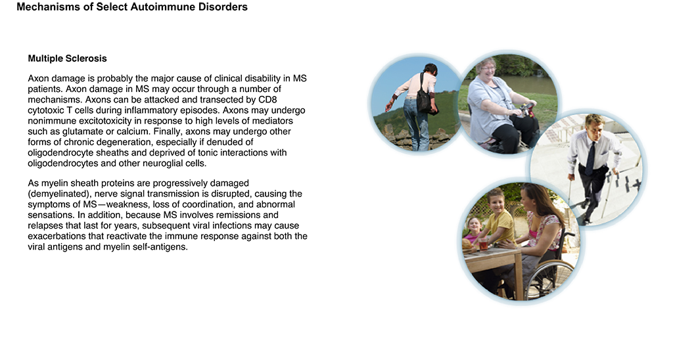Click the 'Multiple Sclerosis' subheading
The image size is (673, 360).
[x=68, y=58]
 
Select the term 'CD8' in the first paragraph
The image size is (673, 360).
[x=268, y=100]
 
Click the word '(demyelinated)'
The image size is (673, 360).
[x=57, y=194]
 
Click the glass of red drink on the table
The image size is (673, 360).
[x=483, y=244]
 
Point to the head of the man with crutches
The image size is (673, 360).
[x=594, y=124]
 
